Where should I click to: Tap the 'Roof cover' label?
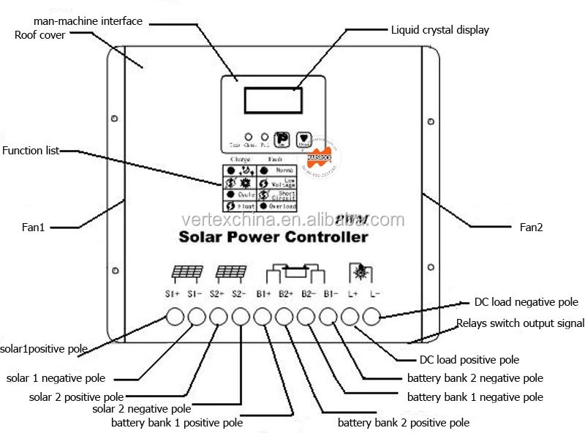pos(40,34)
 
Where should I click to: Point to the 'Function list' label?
pos(31,151)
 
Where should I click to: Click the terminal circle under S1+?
pos(175,317)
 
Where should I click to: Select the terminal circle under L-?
pos(372,317)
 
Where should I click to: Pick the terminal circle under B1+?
pos(263,317)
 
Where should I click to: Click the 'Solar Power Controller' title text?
pos(273,237)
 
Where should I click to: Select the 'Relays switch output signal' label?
pos(520,323)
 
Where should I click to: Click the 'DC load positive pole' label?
pos(469,359)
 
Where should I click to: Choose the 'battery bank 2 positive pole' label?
pos(403,423)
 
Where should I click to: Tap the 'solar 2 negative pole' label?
pos(142,409)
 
